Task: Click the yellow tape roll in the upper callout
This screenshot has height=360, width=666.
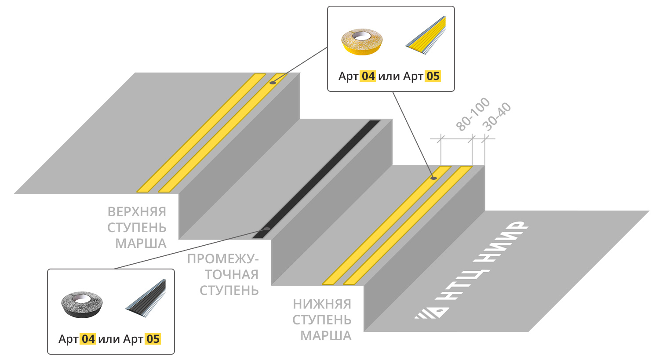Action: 362,41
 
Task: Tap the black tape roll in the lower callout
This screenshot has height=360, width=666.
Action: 82,304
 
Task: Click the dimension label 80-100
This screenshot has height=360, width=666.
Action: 473,114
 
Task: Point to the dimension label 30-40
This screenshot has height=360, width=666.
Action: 497,117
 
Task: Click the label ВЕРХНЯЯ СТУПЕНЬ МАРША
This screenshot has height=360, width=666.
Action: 137,227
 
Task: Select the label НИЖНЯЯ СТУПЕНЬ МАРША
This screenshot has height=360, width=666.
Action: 322,320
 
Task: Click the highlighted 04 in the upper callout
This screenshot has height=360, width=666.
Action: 368,76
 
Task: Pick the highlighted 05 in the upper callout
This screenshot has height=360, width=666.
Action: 433,76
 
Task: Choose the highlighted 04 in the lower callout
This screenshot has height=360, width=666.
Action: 88,339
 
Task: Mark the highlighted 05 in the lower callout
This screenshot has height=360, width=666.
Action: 153,339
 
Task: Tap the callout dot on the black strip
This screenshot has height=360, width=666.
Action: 267,229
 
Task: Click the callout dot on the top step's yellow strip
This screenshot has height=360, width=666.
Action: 273,82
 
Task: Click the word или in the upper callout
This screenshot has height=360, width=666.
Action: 389,76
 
